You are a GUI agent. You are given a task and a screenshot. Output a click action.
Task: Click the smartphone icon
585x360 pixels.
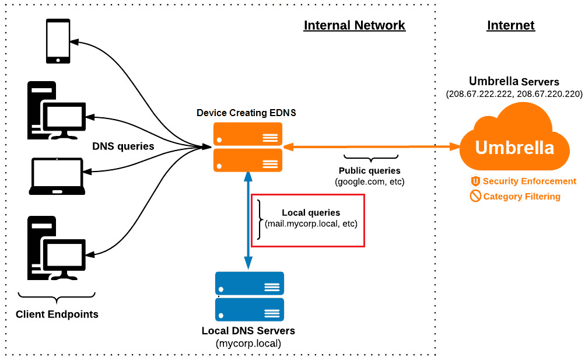[x=58, y=41]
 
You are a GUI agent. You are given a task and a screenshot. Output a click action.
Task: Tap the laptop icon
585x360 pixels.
[x=57, y=177]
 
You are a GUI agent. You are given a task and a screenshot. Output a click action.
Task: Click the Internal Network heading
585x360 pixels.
[x=354, y=26]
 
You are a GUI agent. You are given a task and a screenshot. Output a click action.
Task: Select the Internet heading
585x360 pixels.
[x=510, y=26]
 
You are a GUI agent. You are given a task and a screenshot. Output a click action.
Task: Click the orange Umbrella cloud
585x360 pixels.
[x=514, y=144]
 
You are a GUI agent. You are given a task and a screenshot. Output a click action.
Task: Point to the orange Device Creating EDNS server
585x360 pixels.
[x=248, y=147]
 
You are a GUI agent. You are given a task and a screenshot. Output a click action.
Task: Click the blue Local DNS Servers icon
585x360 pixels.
[x=249, y=296]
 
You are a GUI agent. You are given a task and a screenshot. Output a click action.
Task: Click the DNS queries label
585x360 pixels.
[x=122, y=146]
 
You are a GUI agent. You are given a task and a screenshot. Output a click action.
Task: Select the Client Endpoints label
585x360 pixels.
[x=57, y=314]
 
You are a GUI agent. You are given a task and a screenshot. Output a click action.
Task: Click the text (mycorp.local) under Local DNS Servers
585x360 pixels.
[x=248, y=344]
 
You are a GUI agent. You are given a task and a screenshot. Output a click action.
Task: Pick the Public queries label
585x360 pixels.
[x=369, y=171]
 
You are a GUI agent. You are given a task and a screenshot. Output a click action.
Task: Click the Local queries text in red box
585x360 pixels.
[x=310, y=213]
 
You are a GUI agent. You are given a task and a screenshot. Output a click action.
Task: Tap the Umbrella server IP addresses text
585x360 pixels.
[x=514, y=94]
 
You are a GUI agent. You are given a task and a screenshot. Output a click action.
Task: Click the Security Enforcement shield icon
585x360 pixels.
[x=475, y=181]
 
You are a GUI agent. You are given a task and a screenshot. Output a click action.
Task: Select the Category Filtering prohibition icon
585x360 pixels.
[x=475, y=197]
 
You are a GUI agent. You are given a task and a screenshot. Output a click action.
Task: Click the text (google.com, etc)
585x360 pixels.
[x=369, y=182]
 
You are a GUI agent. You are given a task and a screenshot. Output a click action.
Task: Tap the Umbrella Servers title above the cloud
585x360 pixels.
[x=514, y=82]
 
